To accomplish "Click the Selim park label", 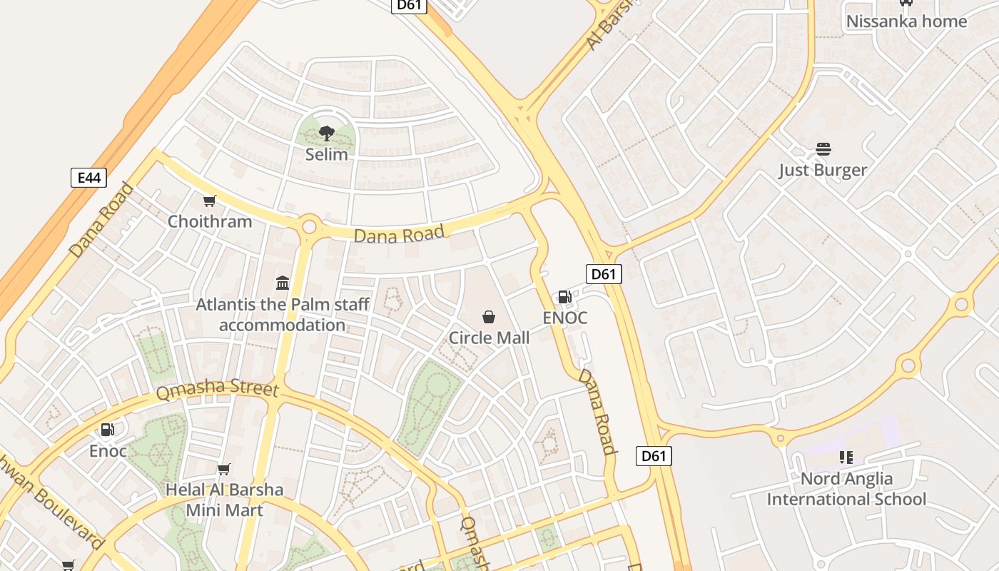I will pos(327,154).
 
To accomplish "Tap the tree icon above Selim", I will pos(327,133).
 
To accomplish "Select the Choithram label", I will pos(210,221).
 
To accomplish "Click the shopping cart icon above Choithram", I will pos(209,201).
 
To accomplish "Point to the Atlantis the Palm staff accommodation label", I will pos(283,315).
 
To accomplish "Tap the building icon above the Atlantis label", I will pos(282,283).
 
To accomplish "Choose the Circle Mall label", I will pos(489,338).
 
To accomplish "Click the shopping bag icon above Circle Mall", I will pos(489,316).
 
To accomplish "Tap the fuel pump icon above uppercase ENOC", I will pos(564,297).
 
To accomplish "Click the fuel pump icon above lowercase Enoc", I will pos(108,430).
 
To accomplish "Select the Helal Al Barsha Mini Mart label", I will pos(225,500).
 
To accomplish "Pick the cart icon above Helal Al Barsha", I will pos(224,469).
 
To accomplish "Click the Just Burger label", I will pos(823,170).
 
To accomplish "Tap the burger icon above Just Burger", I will pos(823,149).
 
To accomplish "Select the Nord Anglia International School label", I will pos(846,489).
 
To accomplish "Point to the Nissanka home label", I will pos(906,21).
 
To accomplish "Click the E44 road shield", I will pos(88,178).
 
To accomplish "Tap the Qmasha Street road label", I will pos(217,389).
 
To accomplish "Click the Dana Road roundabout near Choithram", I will pos(309,227).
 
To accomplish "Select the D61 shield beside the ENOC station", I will pos(604,273).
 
